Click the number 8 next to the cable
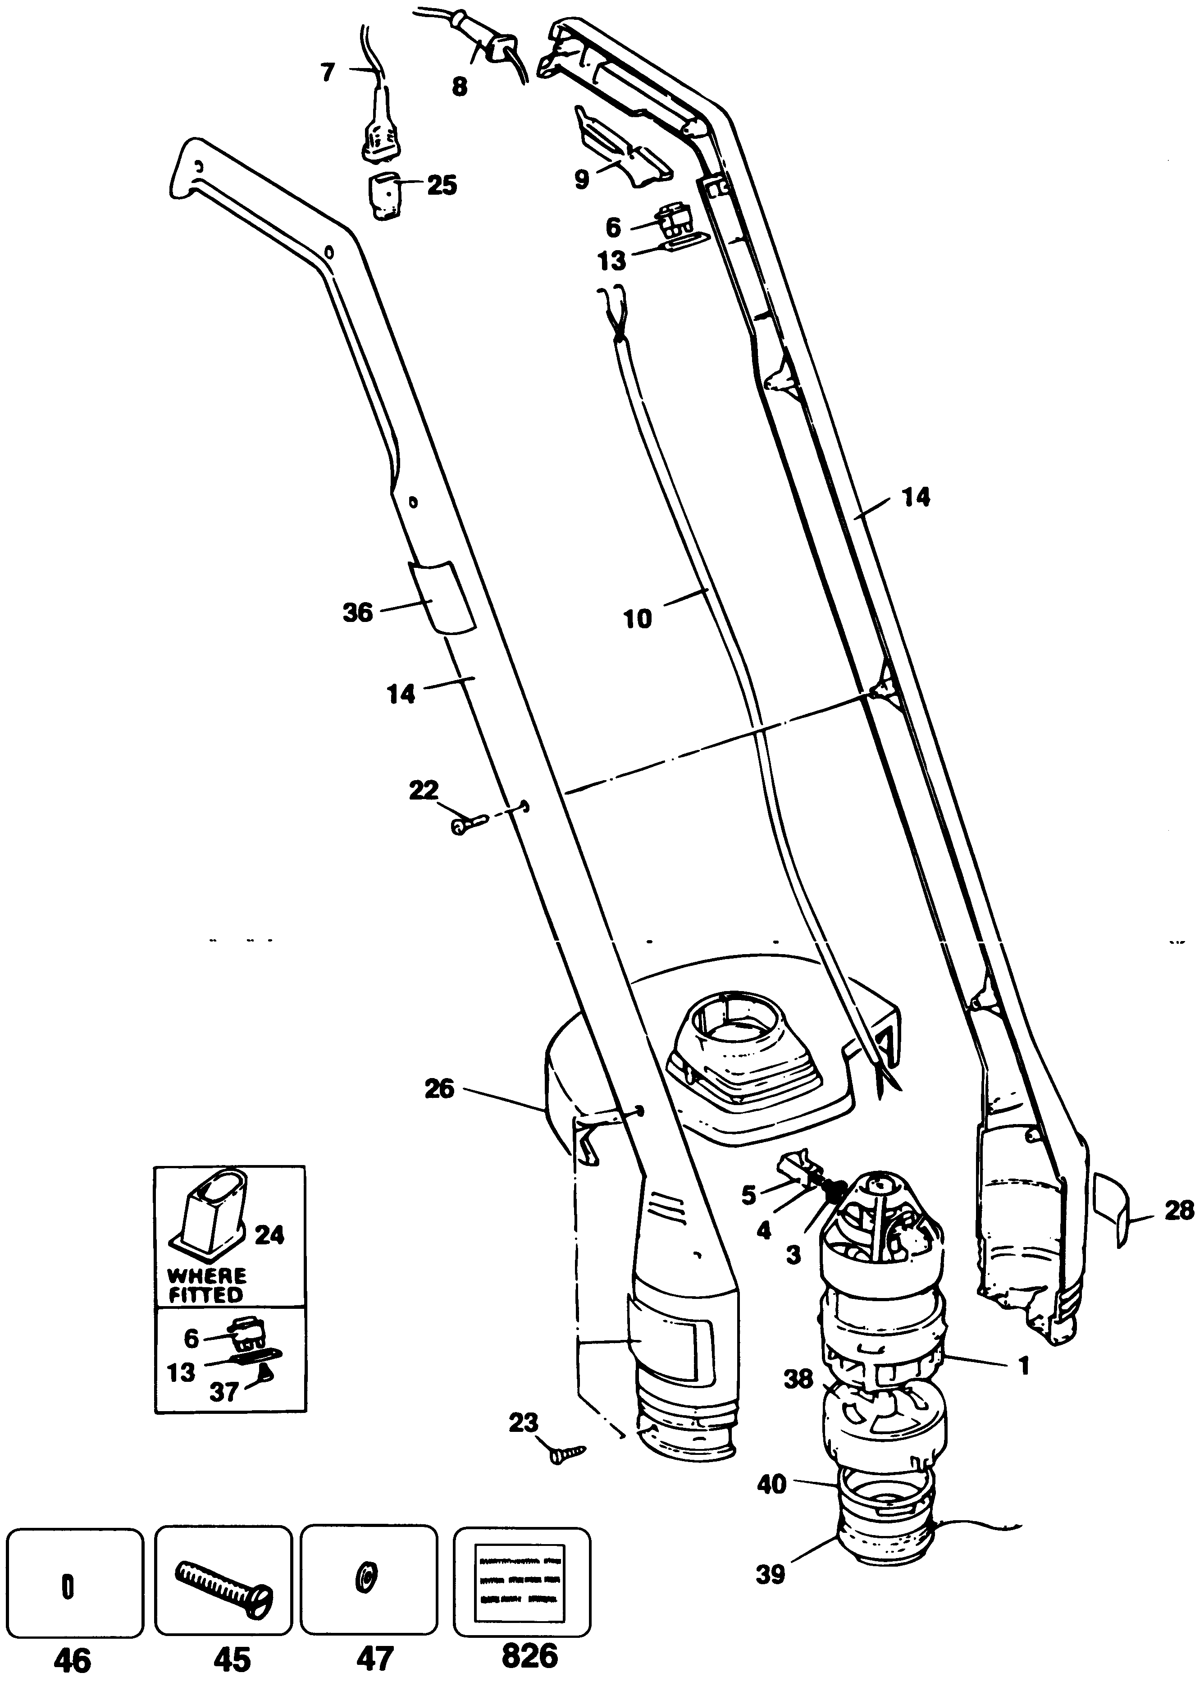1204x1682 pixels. [460, 87]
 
